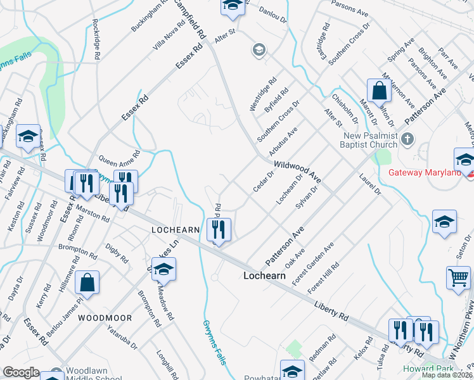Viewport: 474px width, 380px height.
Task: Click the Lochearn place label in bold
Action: pos(265,276)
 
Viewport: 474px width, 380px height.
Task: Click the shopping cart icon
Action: pos(458,277)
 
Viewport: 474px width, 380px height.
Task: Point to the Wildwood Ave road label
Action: pos(297,171)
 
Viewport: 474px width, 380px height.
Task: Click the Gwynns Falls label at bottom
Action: pos(211,336)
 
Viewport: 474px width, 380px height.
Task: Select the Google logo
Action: pos(21,372)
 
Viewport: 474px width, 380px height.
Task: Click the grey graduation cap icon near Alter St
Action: pos(259,49)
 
